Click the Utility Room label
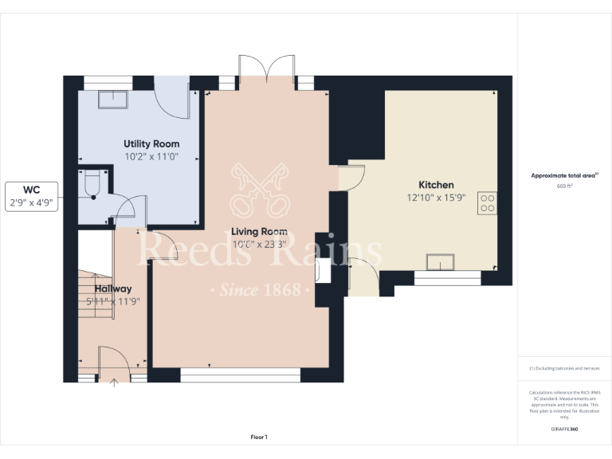tap(151, 143)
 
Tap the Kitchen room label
tap(436, 185)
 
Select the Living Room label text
tap(259, 232)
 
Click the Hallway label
tap(113, 288)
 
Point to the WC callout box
tap(31, 197)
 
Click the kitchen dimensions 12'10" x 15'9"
tap(436, 198)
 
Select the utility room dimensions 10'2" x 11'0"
tap(151, 157)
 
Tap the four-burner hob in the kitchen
tap(486, 203)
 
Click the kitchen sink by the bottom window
tap(441, 262)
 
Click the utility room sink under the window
tap(111, 99)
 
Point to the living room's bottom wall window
tap(240, 372)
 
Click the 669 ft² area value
tap(564, 186)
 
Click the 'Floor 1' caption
tap(259, 437)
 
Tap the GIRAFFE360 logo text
tap(564, 430)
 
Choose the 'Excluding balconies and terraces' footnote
tap(564, 368)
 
